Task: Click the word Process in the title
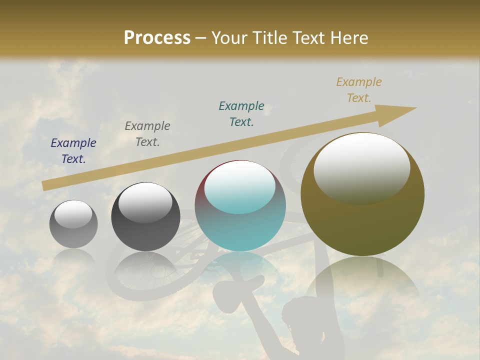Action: (x=157, y=38)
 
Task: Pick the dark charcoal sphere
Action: (x=145, y=217)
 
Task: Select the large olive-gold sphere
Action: (x=362, y=195)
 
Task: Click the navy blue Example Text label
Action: (x=73, y=151)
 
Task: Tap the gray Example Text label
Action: (x=147, y=134)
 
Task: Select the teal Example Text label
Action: (x=241, y=113)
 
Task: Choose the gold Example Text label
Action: (x=359, y=90)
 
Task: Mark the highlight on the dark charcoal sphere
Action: (x=145, y=201)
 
